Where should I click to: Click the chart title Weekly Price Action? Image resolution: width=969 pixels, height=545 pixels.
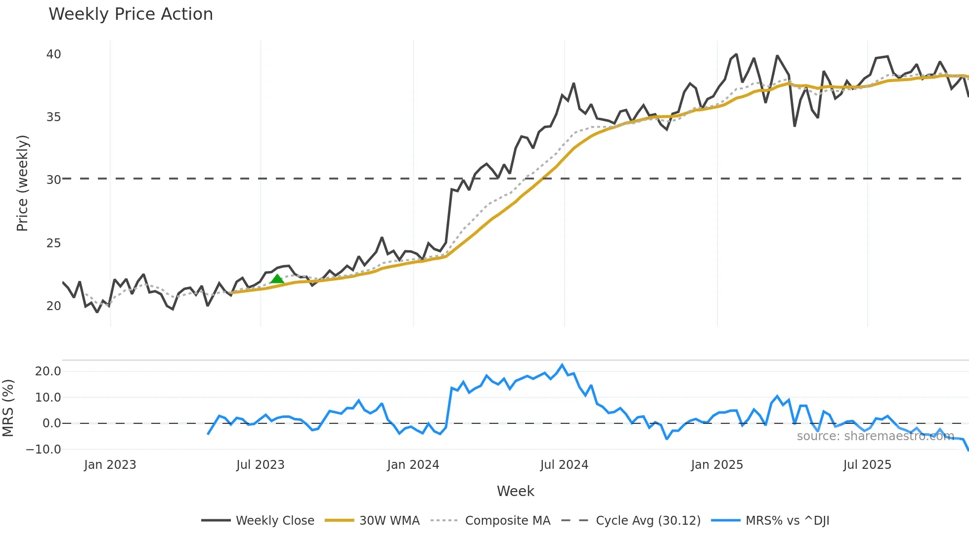coord(131,14)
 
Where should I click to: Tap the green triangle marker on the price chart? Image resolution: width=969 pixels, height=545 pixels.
coord(277,279)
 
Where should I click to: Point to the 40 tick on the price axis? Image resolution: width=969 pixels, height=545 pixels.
coord(53,54)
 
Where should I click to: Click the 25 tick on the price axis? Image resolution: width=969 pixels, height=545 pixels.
coord(53,243)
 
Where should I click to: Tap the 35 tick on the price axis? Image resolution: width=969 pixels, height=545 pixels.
coord(53,117)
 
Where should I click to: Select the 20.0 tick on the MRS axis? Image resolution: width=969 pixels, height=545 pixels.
coord(48,371)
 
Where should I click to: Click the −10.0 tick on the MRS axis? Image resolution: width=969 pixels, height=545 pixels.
coord(44,450)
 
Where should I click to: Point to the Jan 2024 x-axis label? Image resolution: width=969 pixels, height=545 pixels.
coord(413,465)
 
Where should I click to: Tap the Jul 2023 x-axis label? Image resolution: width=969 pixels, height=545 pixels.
coord(260,465)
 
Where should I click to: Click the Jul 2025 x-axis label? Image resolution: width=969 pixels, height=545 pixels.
coord(867,465)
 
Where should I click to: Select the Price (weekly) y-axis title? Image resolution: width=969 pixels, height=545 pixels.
coord(23,183)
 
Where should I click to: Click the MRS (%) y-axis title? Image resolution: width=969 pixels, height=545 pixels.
coord(8,408)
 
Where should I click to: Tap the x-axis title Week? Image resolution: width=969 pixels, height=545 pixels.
coord(515,491)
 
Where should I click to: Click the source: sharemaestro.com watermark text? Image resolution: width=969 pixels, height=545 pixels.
coord(875,436)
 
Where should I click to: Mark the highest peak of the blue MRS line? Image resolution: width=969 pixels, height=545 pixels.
coord(562,365)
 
